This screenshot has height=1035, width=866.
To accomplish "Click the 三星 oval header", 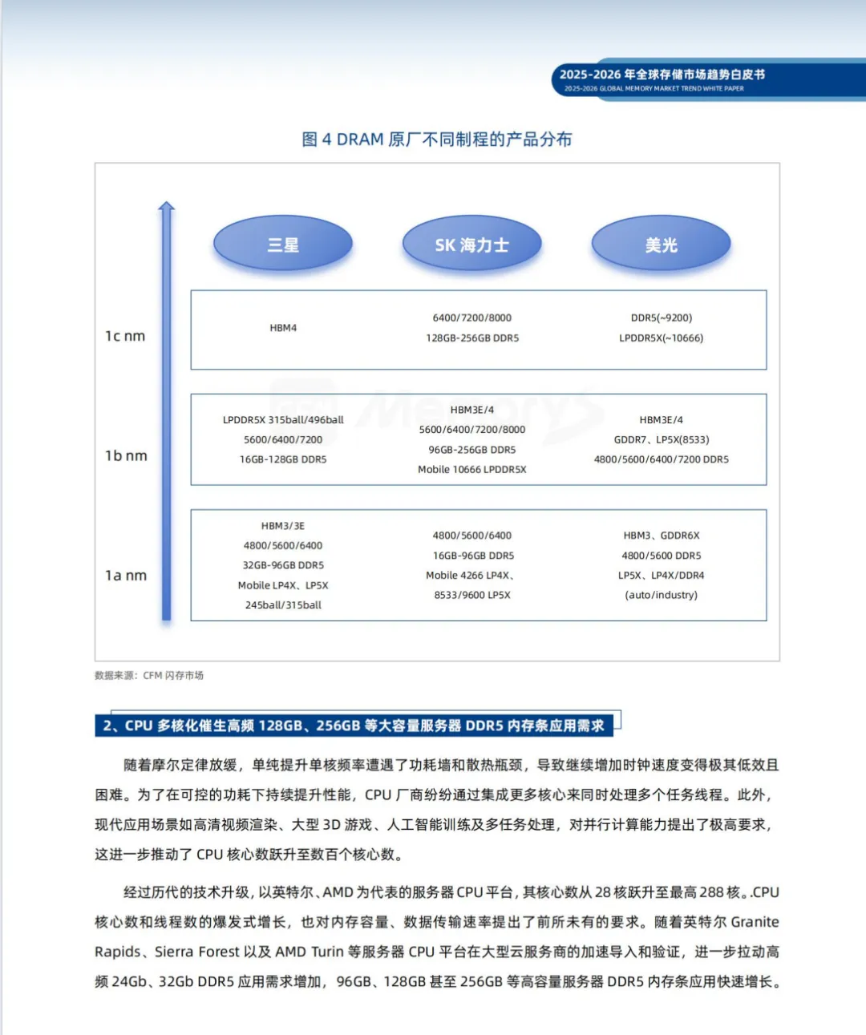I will (283, 245).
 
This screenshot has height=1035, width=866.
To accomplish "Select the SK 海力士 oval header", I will (471, 245).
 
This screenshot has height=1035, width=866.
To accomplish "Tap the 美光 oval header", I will (661, 245).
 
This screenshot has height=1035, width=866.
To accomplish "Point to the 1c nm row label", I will (125, 336).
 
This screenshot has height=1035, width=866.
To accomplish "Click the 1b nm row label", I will (126, 455).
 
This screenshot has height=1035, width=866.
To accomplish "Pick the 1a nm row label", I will (126, 575).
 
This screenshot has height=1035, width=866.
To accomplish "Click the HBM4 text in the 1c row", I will (283, 328).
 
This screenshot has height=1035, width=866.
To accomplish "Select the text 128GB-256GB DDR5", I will (472, 338).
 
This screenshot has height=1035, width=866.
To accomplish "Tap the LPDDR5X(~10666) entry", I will (661, 338).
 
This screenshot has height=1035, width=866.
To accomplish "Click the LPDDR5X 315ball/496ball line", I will (283, 420).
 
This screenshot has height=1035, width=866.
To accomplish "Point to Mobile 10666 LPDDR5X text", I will (472, 470).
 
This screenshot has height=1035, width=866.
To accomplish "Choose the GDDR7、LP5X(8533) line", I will (661, 439).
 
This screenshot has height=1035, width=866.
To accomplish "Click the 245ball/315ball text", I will (283, 605).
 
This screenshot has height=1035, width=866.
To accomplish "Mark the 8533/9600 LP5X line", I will (472, 595).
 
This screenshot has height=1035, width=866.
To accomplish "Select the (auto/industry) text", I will (661, 595).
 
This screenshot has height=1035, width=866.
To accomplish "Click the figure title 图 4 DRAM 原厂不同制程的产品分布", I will (437, 139).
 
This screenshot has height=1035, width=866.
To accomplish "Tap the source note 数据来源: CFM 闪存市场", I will (149, 675).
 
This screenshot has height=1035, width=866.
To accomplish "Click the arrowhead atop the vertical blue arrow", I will (166, 207).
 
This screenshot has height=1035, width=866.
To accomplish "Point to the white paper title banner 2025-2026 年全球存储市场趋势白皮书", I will (662, 75).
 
